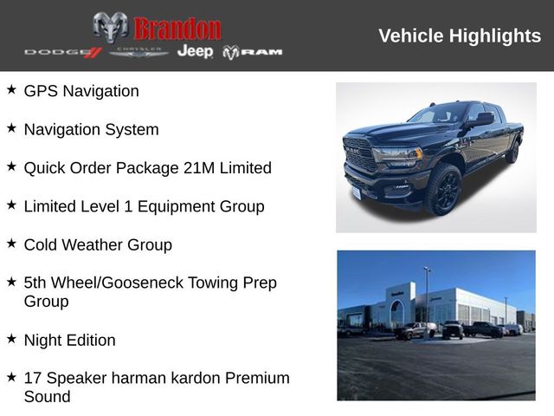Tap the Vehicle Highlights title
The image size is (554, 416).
pyautogui.click(x=460, y=36)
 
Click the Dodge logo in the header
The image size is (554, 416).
pyautogui.click(x=63, y=52)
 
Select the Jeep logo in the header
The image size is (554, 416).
pyautogui.click(x=195, y=52)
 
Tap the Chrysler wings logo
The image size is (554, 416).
pyautogui.click(x=138, y=52)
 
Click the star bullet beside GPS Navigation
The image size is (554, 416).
pyautogui.click(x=11, y=89)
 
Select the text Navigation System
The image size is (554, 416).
pyautogui.click(x=91, y=129)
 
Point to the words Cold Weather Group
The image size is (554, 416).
pyautogui.click(x=98, y=244)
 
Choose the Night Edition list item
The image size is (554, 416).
pyautogui.click(x=69, y=340)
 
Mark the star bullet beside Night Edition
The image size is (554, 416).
pyautogui.click(x=11, y=339)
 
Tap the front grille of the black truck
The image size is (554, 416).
pyautogui.click(x=360, y=153)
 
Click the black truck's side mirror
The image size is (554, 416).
pyautogui.click(x=481, y=120)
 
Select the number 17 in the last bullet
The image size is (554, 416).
pyautogui.click(x=33, y=378)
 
